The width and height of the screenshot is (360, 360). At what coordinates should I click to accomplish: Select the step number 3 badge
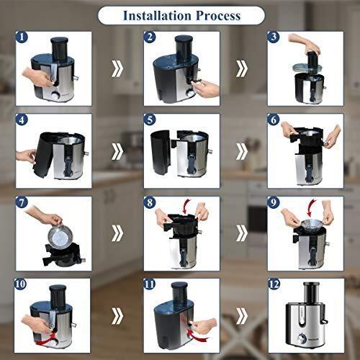[273, 37]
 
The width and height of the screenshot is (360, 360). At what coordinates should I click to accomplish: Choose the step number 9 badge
[273, 202]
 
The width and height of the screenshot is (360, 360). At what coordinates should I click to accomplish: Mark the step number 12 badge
[274, 285]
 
